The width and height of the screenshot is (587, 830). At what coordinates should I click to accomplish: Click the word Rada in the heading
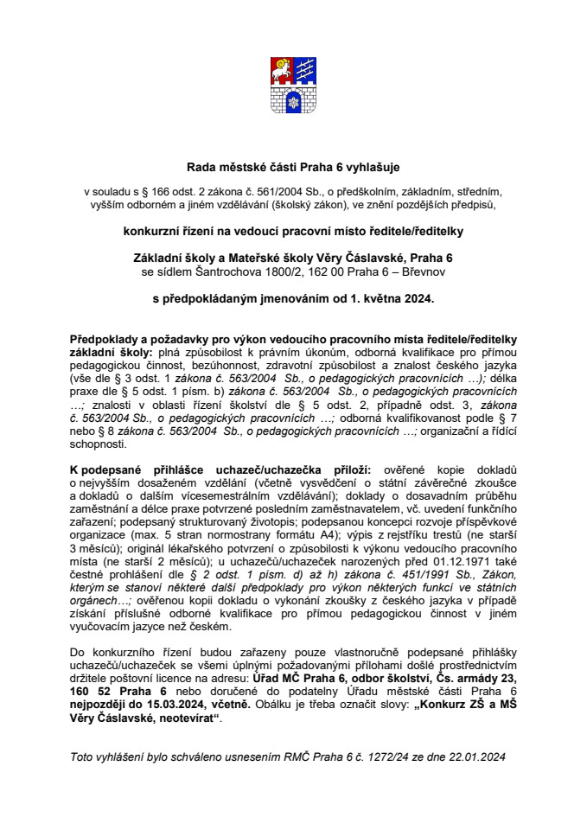(x=203, y=166)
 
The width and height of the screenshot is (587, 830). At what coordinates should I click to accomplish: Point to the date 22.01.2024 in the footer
(x=476, y=757)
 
